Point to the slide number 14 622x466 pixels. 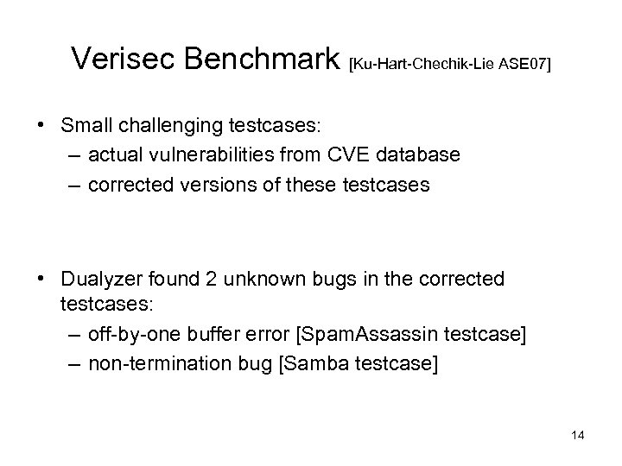point(578,436)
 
